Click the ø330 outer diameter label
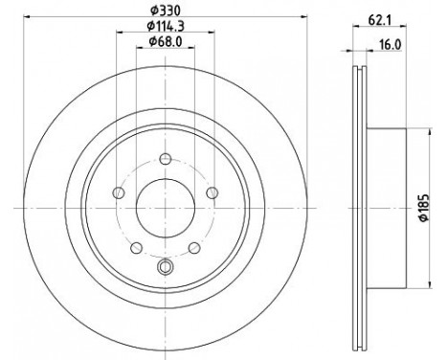[164, 11]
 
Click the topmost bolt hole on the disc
[165, 160]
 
